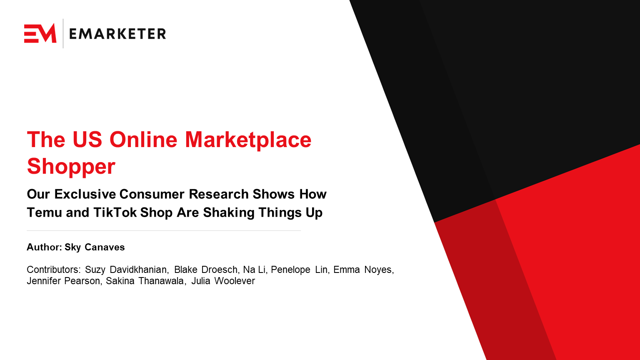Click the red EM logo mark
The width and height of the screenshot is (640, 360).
[x=40, y=33]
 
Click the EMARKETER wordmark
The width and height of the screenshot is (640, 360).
[x=117, y=34]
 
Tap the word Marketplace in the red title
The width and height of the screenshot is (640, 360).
[x=248, y=140]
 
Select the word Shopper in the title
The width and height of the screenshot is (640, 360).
[x=71, y=166]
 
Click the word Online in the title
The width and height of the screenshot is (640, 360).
[x=144, y=140]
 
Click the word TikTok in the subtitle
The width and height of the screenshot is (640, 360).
[x=115, y=212]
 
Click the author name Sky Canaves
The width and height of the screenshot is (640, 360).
[x=95, y=247]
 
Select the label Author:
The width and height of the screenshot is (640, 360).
[x=44, y=247]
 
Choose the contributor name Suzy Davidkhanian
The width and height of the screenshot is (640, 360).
[x=126, y=270]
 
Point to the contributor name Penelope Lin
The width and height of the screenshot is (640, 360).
[x=299, y=270]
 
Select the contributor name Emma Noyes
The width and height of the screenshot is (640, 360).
[x=362, y=270]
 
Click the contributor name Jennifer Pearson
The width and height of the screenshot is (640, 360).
[x=63, y=281]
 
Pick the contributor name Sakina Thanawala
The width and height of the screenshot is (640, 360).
[x=145, y=281]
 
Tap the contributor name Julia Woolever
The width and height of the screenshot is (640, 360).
[x=223, y=281]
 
